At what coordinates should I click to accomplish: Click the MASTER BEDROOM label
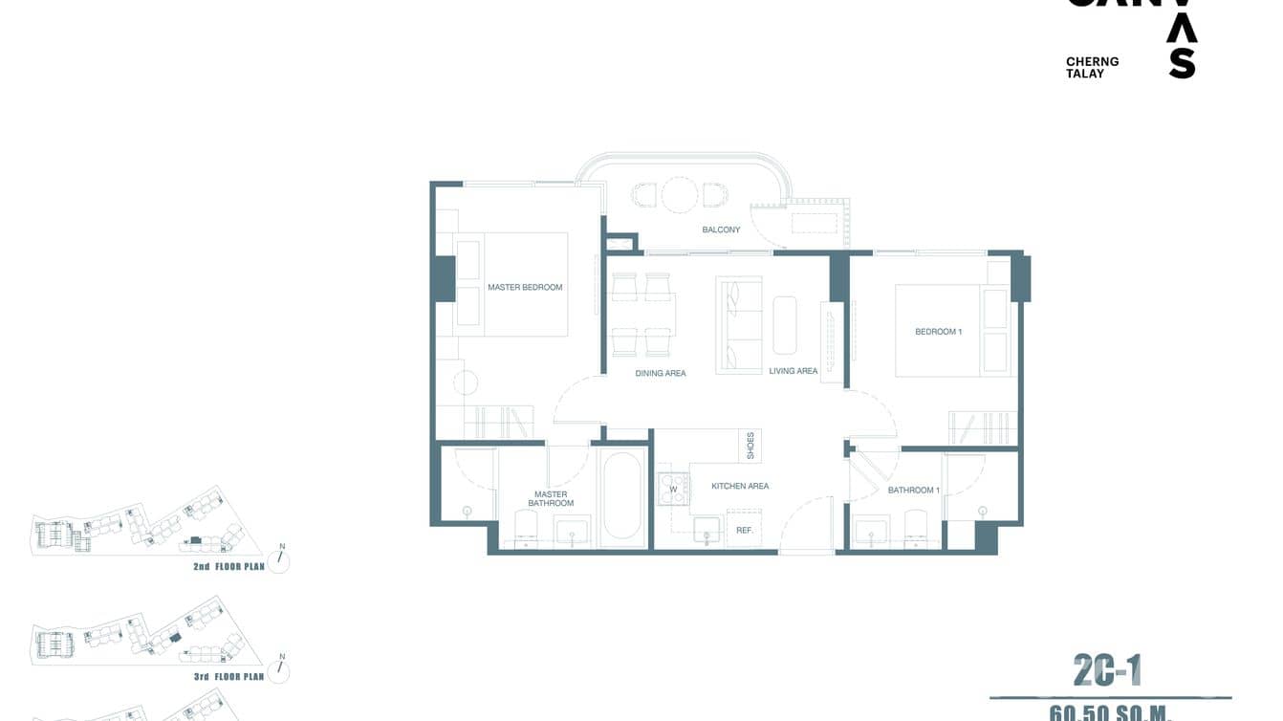coord(525,287)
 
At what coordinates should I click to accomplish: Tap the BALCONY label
coord(721,229)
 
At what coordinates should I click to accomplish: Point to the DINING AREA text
coord(661,373)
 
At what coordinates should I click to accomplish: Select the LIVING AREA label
coord(794,371)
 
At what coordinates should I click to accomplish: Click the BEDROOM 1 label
coord(938,332)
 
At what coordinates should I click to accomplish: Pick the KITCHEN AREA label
coord(740,486)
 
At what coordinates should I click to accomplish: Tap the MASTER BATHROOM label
coord(551,499)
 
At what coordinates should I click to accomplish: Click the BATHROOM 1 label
coord(913,490)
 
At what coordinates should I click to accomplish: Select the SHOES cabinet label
coord(750,445)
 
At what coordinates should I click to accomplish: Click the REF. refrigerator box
coord(744,530)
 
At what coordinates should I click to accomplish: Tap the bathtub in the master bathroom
coord(622,497)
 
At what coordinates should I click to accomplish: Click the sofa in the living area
coord(739,325)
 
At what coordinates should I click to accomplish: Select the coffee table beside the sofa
coord(784,325)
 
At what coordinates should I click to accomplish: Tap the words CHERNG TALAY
coord(1092,67)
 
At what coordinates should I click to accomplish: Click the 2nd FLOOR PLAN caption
coord(228,567)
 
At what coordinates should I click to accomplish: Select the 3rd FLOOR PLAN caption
coord(228,676)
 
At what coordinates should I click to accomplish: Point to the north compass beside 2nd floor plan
coord(278,560)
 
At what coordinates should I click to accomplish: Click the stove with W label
coord(672,489)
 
